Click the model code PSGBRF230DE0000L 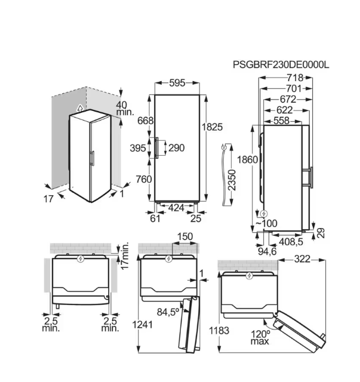(281, 65)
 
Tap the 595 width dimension (177, 83)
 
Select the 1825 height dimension (213, 127)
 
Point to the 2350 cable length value (232, 180)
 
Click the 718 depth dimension (295, 78)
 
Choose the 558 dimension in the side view (282, 121)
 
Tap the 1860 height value (247, 159)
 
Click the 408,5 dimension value (291, 242)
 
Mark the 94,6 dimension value (267, 251)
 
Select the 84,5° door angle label (168, 312)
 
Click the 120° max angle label (260, 337)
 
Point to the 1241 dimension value (142, 325)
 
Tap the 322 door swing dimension (302, 259)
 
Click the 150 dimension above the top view (185, 236)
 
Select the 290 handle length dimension (177, 148)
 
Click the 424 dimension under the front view (176, 208)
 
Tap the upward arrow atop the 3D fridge (79, 108)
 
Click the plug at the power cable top (224, 147)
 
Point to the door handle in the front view (156, 148)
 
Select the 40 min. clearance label (125, 109)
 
